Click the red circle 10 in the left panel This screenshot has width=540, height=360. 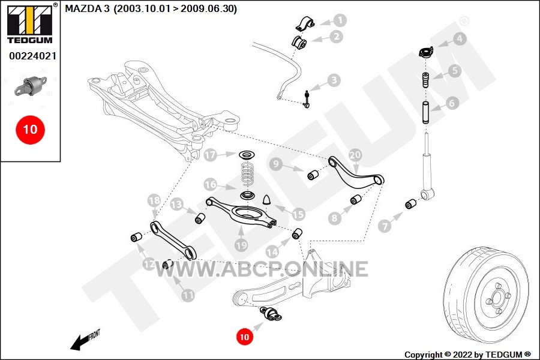point(30,130)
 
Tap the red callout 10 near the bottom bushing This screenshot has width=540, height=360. point(244,337)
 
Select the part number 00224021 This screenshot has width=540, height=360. point(32,56)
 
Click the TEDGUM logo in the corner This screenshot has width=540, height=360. point(30,24)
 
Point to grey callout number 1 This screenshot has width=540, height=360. point(340,20)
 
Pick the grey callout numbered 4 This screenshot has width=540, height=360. point(459,38)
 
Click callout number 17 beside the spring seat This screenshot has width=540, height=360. point(210,155)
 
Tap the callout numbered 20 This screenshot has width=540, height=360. point(355,155)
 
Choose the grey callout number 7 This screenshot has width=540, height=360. point(385,226)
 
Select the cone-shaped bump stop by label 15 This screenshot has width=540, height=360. point(267,200)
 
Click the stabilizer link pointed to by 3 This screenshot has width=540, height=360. point(307,99)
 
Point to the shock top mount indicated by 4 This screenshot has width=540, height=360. point(425,52)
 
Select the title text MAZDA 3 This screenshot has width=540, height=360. point(87,8)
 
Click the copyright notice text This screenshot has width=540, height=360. point(467,355)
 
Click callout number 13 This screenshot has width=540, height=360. point(176,204)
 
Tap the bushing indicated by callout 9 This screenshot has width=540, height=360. point(313,175)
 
